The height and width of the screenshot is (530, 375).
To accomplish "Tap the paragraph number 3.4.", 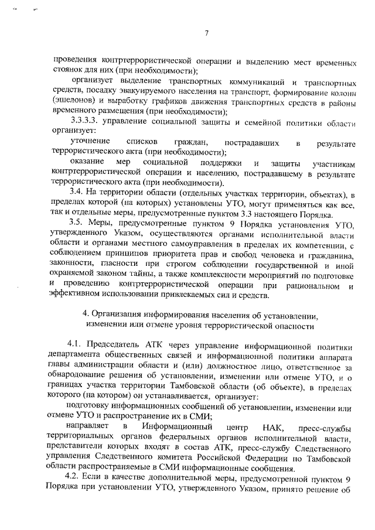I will pos(77,193).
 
